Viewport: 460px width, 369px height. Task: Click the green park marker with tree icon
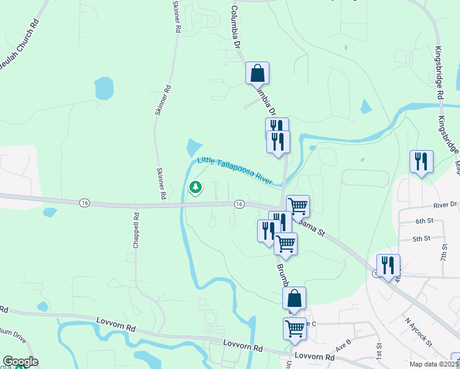196,187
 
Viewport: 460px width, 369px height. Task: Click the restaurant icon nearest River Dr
421,162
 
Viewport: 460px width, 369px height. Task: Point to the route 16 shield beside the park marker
239,204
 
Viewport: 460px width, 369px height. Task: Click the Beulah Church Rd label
20,43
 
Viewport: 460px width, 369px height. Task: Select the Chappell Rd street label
137,230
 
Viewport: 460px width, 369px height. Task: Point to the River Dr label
445,204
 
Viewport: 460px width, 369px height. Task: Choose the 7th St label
444,251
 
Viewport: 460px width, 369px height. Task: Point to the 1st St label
379,352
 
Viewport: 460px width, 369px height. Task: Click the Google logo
20,362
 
